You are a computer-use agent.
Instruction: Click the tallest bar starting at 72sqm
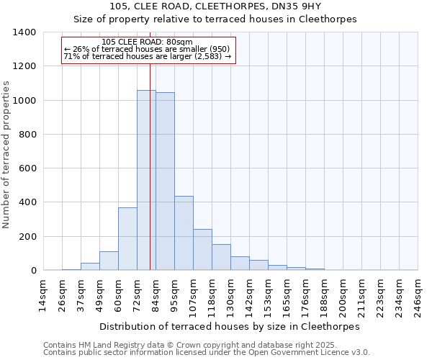(x=146, y=180)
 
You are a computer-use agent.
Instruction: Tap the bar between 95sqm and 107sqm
(x=184, y=233)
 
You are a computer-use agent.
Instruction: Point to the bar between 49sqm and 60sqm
(x=109, y=261)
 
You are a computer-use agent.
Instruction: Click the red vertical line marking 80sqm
(x=150, y=166)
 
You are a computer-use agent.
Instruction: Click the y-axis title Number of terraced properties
(x=6, y=155)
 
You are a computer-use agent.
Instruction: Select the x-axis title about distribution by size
(x=229, y=326)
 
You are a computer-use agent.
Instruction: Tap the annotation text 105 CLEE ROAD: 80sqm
(x=148, y=42)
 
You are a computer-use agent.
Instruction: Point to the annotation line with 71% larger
(x=148, y=56)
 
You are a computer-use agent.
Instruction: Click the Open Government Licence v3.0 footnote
(x=207, y=353)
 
